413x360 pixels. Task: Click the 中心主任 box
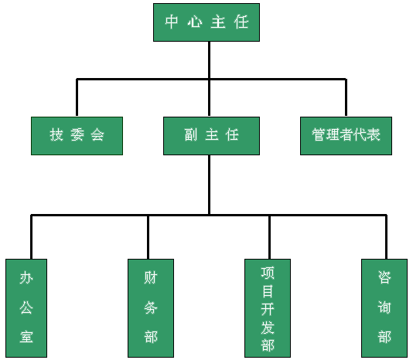(x=206, y=22)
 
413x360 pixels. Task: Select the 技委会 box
(x=77, y=136)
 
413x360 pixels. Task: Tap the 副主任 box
(x=211, y=136)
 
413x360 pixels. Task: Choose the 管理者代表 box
(x=346, y=136)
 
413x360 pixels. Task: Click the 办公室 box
(x=26, y=308)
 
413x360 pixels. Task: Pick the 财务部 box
(x=151, y=308)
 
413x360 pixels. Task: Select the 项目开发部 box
(x=268, y=308)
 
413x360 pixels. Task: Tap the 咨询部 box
(x=384, y=308)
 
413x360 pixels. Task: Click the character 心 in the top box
(x=195, y=22)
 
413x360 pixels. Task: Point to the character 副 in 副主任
(x=191, y=134)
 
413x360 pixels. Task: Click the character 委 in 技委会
(x=77, y=134)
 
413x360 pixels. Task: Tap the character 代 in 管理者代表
(x=360, y=134)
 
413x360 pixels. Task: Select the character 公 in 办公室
(x=26, y=307)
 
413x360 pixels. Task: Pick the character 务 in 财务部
(x=151, y=307)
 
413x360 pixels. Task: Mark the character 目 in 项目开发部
(x=268, y=291)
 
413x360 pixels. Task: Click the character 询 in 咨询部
(x=384, y=307)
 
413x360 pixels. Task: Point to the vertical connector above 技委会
(x=77, y=97)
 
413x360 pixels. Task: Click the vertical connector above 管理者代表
(x=346, y=97)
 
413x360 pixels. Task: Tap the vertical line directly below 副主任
(x=209, y=185)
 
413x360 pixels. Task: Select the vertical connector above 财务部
(x=148, y=237)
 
